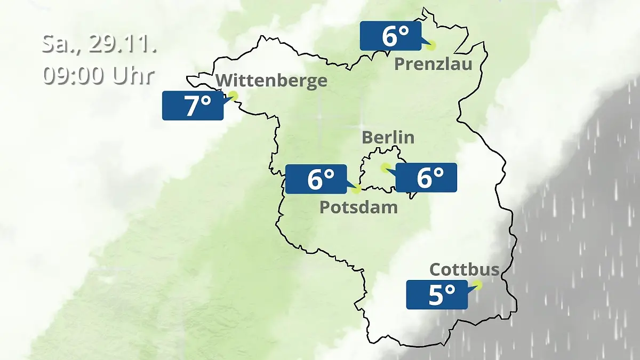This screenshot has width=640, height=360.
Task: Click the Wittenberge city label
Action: pos(271,81)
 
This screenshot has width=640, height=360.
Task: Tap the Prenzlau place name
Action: pos(434,65)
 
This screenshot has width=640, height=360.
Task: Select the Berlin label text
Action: pos(388,137)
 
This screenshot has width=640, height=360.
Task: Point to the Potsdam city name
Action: pos(358,207)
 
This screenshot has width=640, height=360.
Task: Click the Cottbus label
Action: pos(464,269)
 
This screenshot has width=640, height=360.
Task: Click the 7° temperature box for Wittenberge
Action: pos(193,106)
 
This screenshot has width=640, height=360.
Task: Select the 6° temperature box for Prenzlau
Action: pos(390,36)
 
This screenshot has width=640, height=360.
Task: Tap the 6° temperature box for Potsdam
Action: pos(316,179)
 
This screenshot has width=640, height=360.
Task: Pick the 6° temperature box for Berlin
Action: pos(426,178)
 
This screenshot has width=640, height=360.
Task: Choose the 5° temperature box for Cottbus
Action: pos(437,295)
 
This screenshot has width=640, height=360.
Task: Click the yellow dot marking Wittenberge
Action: pos(233,95)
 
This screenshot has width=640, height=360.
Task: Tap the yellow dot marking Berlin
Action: pos(385,167)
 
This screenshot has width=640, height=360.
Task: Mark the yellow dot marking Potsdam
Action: pos(356,188)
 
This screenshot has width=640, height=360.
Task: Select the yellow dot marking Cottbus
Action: pos(477,285)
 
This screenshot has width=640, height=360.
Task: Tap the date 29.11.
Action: pos(122,44)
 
